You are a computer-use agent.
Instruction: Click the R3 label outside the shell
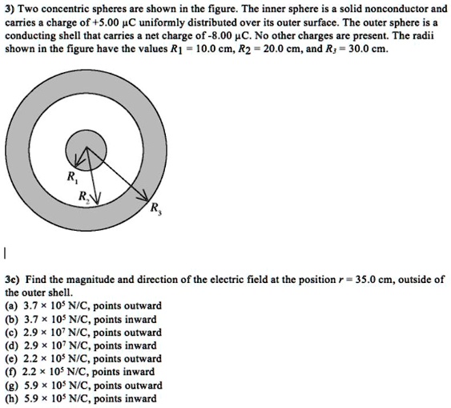coord(156,212)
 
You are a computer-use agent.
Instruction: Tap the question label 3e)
coord(12,279)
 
